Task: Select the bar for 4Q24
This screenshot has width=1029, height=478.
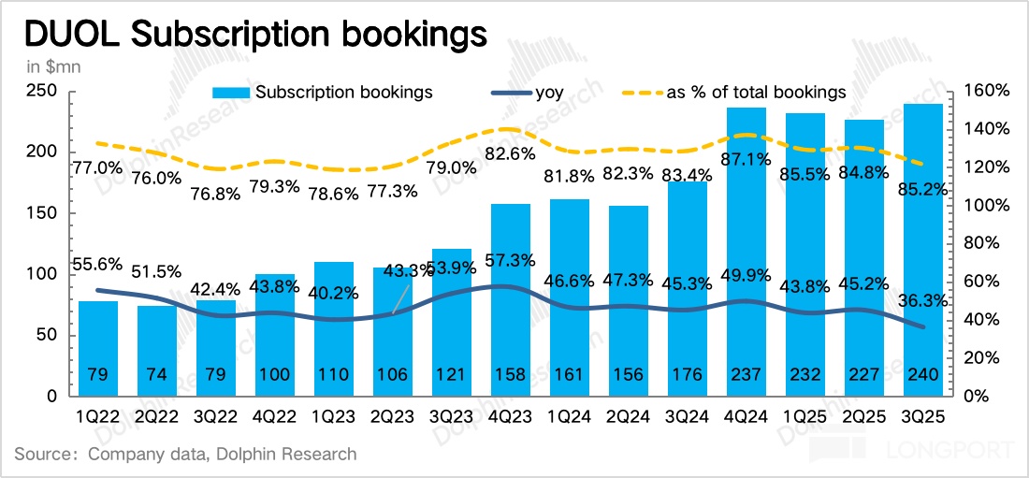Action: click(x=746, y=253)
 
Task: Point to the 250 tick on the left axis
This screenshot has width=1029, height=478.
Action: click(x=44, y=91)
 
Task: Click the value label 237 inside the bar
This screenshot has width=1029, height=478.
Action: click(x=746, y=374)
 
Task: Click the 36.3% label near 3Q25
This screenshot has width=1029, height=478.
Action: click(x=922, y=301)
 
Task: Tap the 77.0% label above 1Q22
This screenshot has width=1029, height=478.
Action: click(x=97, y=168)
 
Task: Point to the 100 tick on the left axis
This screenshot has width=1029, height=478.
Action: click(x=44, y=274)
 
